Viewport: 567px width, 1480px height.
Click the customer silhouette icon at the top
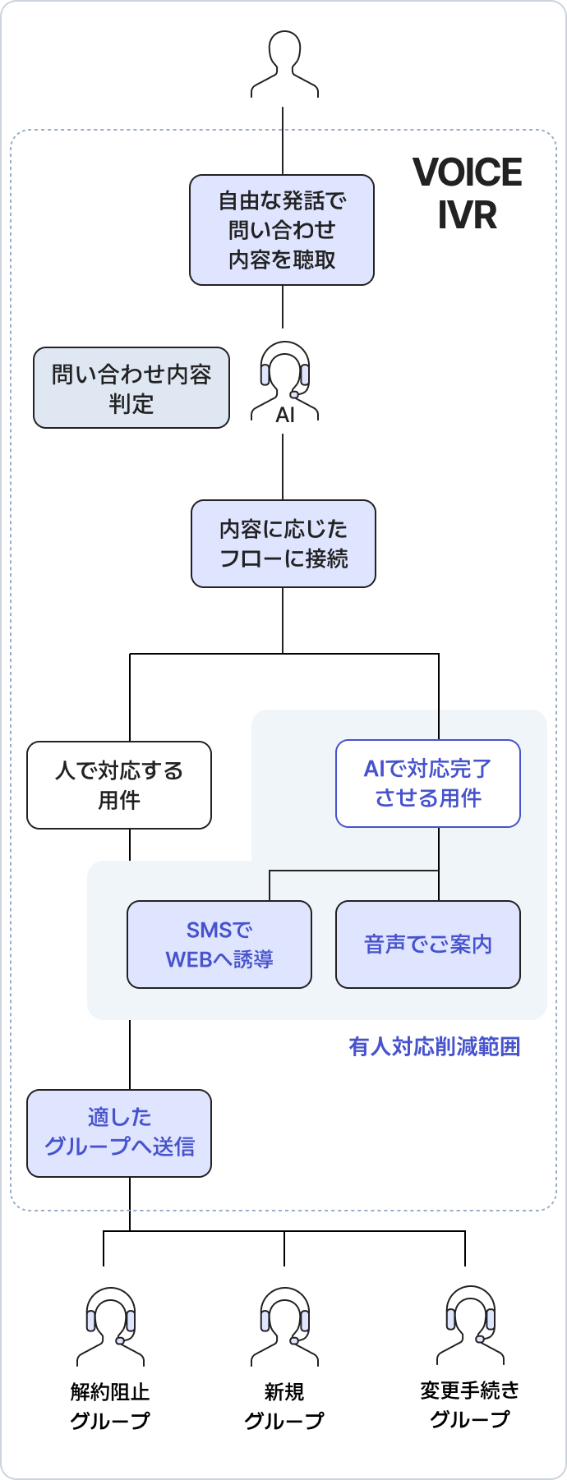click(284, 64)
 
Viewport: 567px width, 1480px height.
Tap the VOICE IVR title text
click(467, 194)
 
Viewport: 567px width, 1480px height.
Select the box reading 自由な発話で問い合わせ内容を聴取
click(282, 230)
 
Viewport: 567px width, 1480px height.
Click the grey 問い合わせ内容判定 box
click(131, 388)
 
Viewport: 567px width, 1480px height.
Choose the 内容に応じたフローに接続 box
click(283, 544)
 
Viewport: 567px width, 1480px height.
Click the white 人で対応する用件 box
click(119, 785)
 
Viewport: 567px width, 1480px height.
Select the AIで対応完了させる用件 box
click(428, 784)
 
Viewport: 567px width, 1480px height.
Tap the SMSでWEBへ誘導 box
click(219, 945)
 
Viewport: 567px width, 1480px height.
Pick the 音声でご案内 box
click(428, 945)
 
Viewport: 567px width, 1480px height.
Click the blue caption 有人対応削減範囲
click(435, 1046)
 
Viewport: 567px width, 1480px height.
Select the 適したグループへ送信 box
click(119, 1133)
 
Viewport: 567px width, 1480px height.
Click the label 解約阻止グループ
click(110, 1406)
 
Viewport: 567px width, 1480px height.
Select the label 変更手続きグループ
click(470, 1404)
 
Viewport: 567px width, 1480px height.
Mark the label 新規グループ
click(284, 1406)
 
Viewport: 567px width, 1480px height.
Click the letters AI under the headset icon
click(285, 416)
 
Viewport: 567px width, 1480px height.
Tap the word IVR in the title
click(467, 215)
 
